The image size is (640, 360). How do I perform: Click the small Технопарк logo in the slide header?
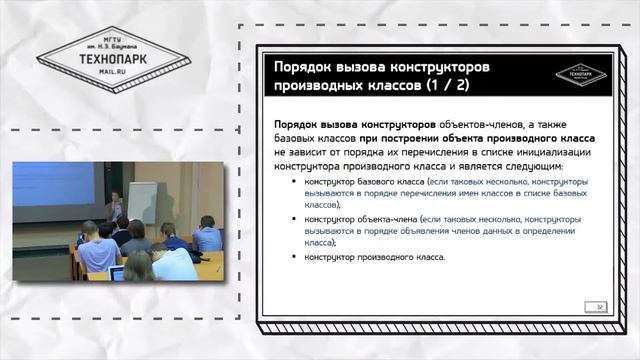coord(578,71)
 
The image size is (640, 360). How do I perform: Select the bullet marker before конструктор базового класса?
coord(294,184)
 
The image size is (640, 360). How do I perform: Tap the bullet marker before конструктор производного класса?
coord(294,257)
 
